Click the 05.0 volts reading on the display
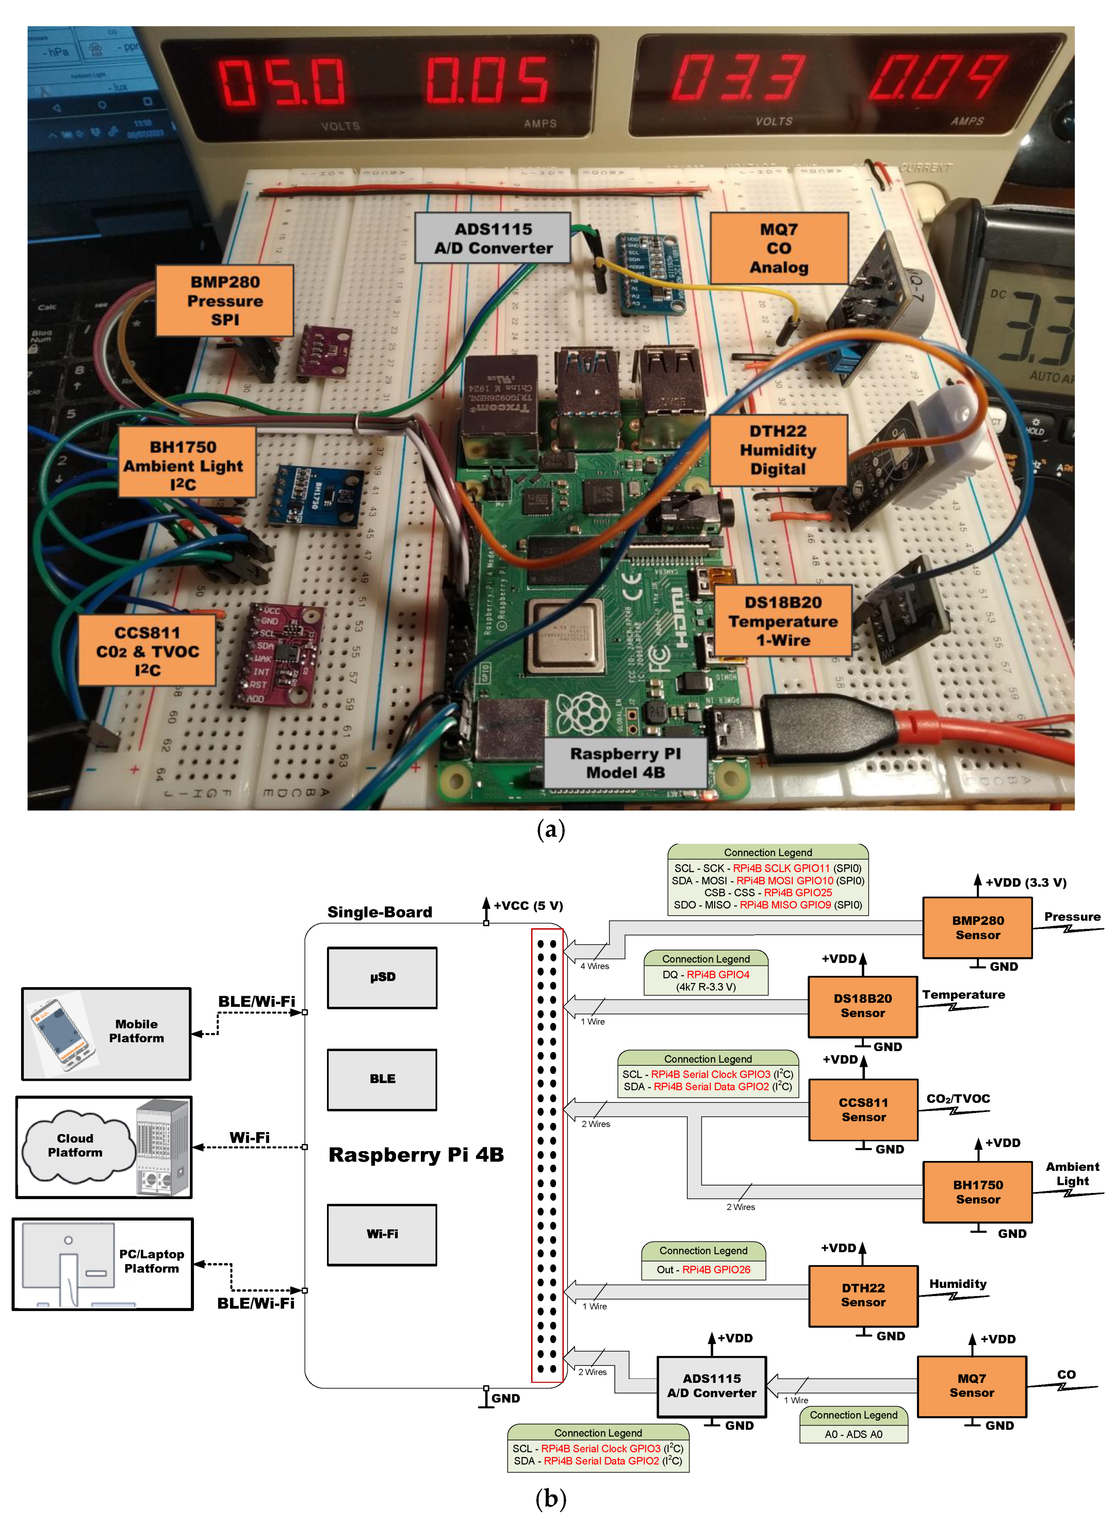coord(282,82)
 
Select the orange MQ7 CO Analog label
coord(778,248)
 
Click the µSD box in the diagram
coord(382,977)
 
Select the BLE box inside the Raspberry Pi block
coord(382,1079)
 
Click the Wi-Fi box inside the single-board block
coord(382,1234)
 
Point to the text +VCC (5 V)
coord(528,905)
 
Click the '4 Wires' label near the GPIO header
coord(594,966)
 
